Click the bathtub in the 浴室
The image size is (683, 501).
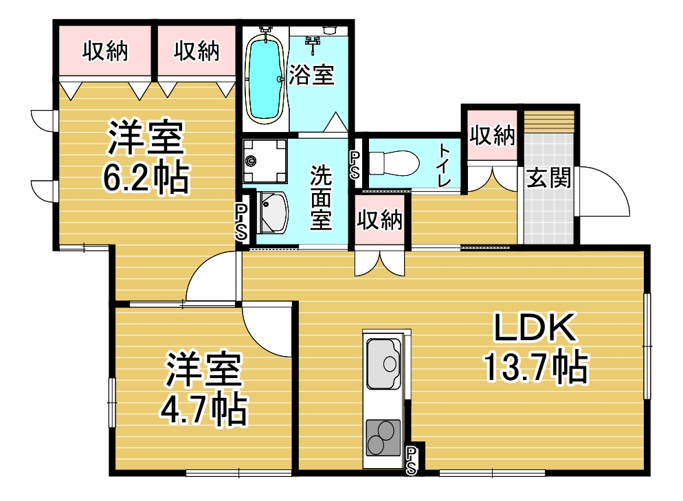coord(265,78)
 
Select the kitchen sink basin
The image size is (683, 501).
coord(383,363)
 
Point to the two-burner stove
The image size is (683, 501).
coord(383,437)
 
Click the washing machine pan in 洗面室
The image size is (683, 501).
coord(265,161)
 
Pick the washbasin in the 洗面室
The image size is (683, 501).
coord(272,212)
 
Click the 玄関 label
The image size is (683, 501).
coord(548,178)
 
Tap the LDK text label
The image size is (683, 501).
coord(535,327)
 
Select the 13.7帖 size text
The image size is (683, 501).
coord(535,368)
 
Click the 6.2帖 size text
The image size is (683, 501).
coord(146,177)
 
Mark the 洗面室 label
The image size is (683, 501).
coord(321,197)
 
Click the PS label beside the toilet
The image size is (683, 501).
coord(355,166)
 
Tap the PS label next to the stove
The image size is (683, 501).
coord(411,461)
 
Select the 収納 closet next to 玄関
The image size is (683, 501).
coord(492,135)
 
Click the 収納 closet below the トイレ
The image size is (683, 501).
coord(380,219)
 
